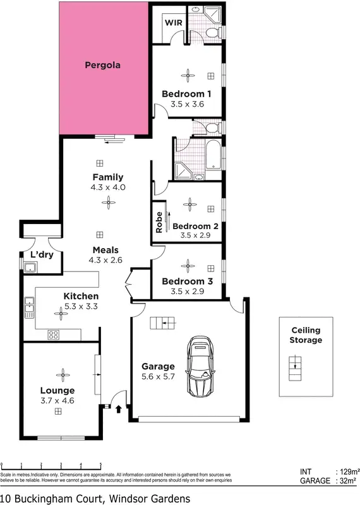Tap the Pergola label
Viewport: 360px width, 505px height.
pos(102,65)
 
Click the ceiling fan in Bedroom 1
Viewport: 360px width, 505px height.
pos(188,75)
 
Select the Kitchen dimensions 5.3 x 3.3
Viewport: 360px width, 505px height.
pos(81,306)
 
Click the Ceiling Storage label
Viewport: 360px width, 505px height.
pos(306,335)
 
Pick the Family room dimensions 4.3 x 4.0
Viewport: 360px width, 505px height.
pos(108,187)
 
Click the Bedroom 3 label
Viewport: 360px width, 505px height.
pos(187,282)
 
